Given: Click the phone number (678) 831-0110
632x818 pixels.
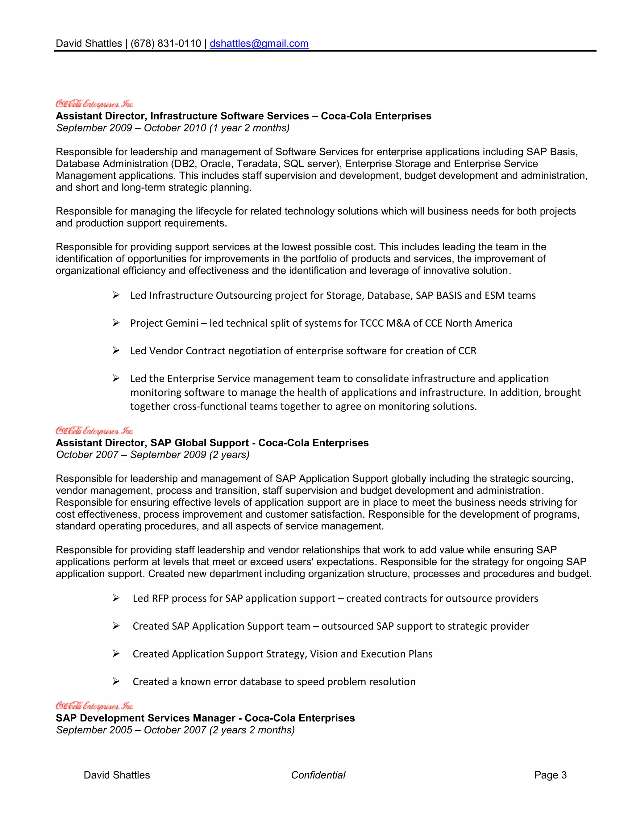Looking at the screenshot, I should [x=166, y=44].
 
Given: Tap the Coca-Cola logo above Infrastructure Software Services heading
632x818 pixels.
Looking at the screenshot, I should [x=94, y=103].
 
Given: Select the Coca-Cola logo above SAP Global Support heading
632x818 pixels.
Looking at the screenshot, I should [x=94, y=430].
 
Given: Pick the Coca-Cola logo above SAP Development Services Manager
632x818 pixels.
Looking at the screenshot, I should [x=94, y=706].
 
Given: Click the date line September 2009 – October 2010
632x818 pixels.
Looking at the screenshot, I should [x=173, y=128].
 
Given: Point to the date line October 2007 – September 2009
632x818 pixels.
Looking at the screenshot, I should [x=152, y=455].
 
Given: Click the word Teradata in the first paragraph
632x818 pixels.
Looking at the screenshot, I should [x=257, y=164].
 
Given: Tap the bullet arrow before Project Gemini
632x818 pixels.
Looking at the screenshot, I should [x=116, y=323].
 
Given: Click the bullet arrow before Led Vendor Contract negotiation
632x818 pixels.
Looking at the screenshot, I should [x=116, y=351].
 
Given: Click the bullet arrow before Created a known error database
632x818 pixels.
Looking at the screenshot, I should [x=116, y=681].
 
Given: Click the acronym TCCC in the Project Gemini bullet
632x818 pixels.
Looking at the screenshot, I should [x=372, y=323].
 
